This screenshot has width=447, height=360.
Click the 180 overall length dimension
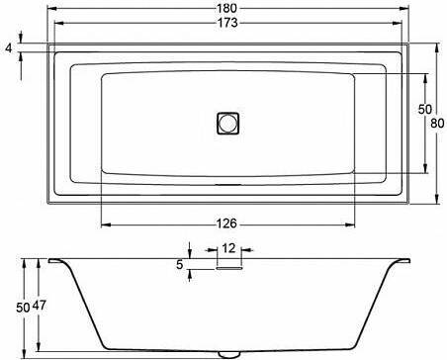pos(227,8)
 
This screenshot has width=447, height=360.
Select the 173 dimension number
pos(227,23)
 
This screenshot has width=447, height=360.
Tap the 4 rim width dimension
pos(9,48)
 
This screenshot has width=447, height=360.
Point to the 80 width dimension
pos(437,124)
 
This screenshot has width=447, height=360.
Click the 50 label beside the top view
pos(424,109)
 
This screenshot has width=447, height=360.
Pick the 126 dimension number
pos(226,224)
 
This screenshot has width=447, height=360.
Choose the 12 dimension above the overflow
pos(228,248)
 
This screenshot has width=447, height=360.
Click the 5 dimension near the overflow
pos(179,264)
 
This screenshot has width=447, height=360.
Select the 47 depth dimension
pos(40,306)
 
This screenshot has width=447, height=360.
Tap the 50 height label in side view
pos(23,308)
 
